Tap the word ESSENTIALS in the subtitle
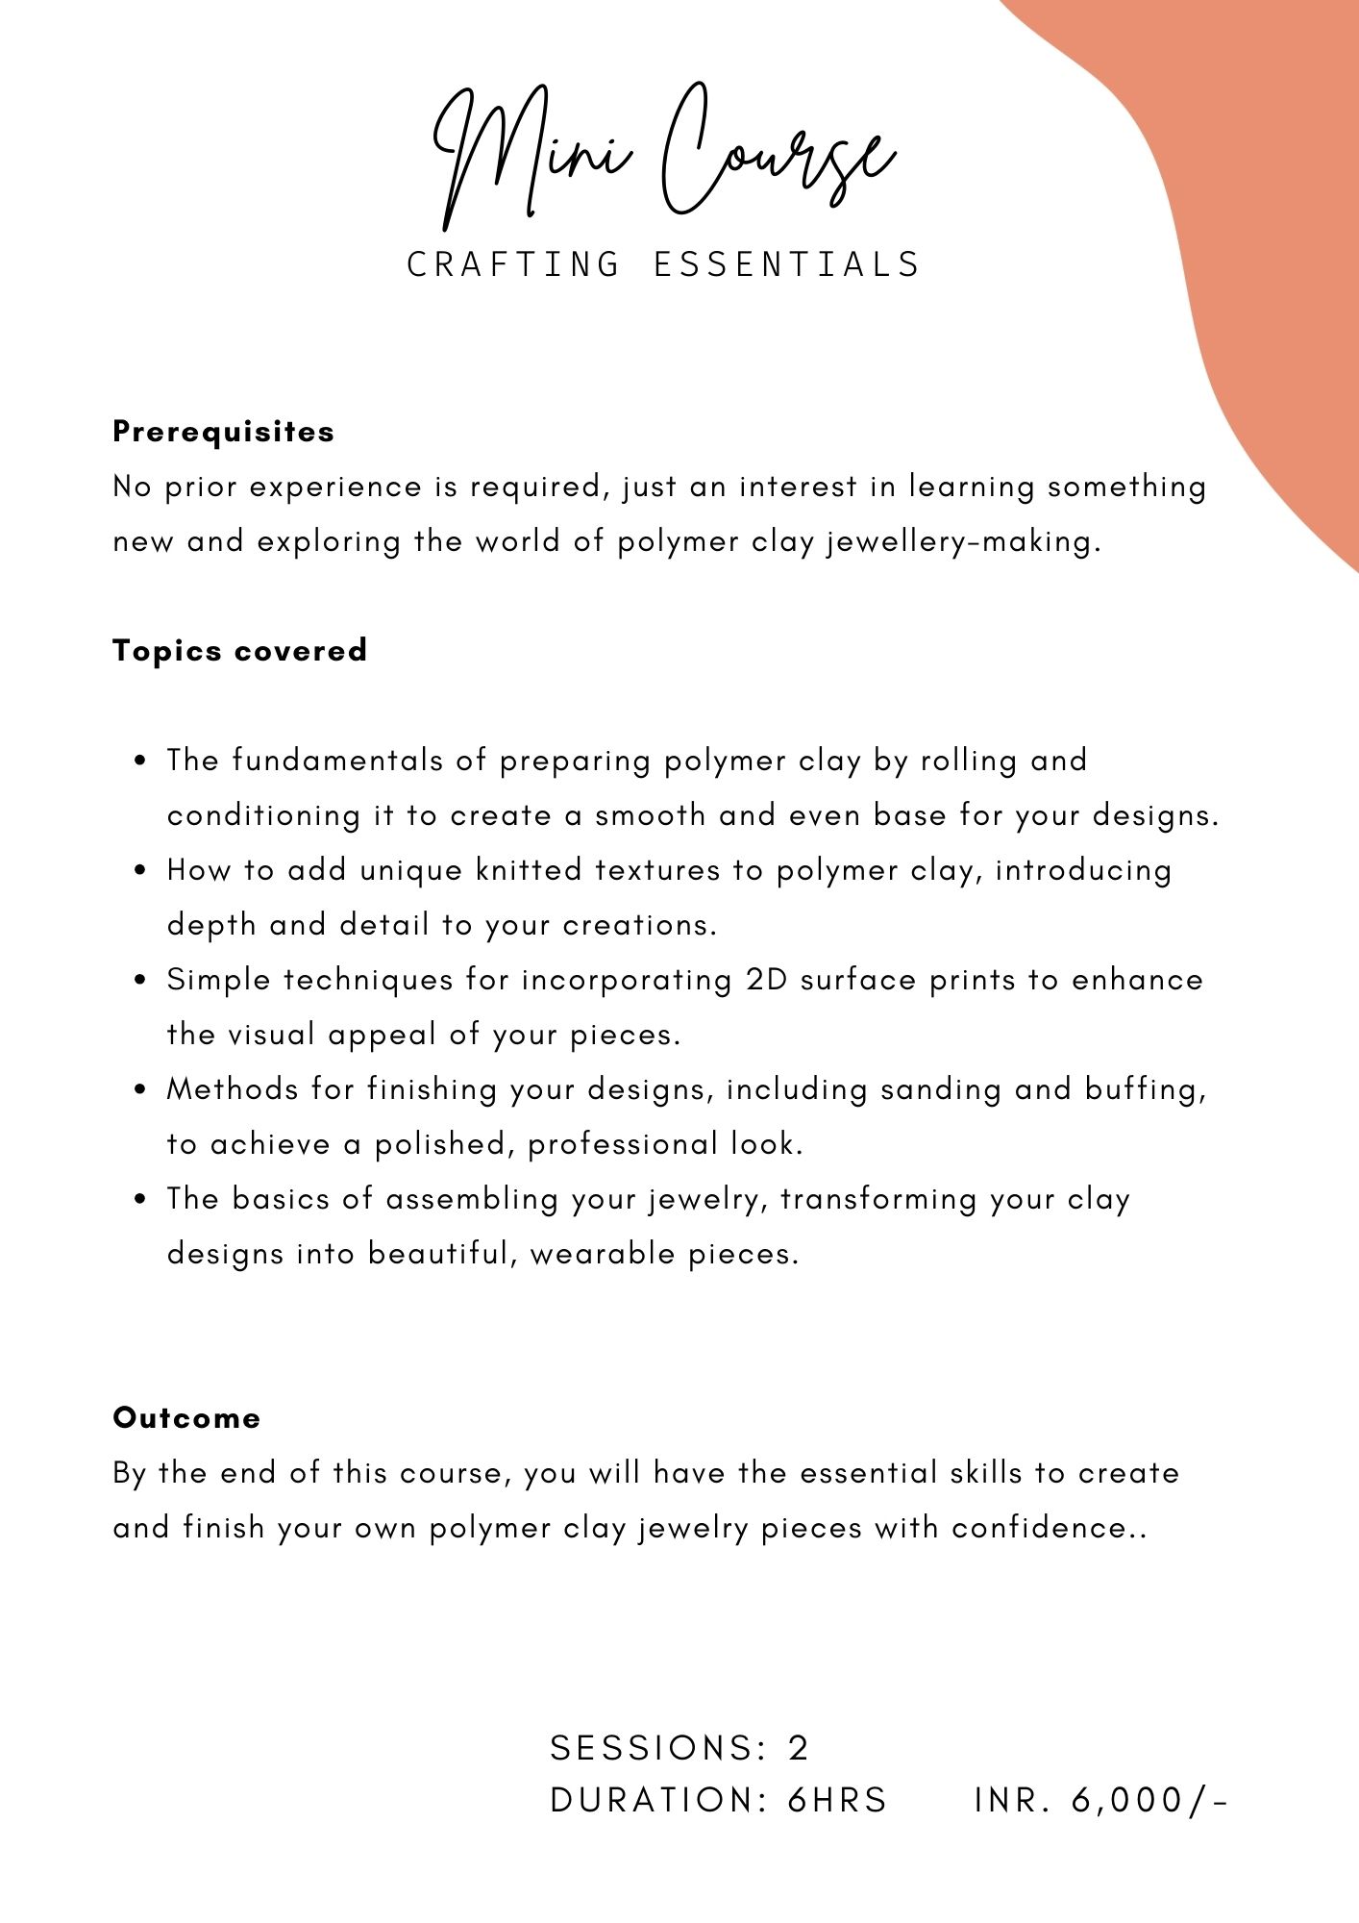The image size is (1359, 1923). pyautogui.click(x=787, y=264)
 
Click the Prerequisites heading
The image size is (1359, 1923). pyautogui.click(x=223, y=432)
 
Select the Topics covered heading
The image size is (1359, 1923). pyautogui.click(x=239, y=651)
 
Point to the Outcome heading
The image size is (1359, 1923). pyautogui.click(x=186, y=1418)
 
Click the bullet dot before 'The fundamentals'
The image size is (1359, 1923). pyautogui.click(x=141, y=762)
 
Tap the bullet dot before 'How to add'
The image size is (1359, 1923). pyautogui.click(x=141, y=871)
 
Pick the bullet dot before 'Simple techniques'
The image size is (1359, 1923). pyautogui.click(x=141, y=981)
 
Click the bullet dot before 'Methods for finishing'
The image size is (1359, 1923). pyautogui.click(x=141, y=1090)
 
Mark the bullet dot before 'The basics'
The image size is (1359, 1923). pyautogui.click(x=141, y=1200)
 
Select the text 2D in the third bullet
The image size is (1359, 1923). pyautogui.click(x=766, y=980)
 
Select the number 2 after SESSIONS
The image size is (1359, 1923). pyautogui.click(x=799, y=1748)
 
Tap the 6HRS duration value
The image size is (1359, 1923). pyautogui.click(x=837, y=1800)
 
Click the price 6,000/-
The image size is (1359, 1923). pyautogui.click(x=1149, y=1800)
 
